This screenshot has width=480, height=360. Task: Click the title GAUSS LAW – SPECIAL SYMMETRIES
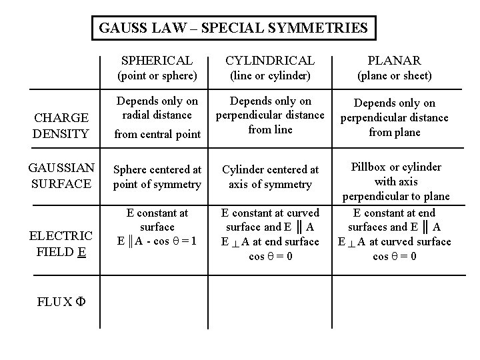233,28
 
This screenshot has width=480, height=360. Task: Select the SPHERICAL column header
157,60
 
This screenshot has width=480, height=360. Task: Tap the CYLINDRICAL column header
270,60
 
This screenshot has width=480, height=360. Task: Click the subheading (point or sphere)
157,76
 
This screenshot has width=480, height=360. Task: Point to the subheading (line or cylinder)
270,76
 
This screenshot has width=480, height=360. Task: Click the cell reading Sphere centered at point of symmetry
157,177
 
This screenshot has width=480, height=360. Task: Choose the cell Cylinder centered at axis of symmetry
270,177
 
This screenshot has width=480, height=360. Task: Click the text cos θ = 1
175,241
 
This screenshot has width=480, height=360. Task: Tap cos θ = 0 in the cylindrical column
270,257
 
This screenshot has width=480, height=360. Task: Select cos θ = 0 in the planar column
394,257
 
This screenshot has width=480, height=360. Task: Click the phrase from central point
157,134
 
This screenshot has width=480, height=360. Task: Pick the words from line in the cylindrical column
270,130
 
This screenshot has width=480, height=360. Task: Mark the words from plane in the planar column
394,132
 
